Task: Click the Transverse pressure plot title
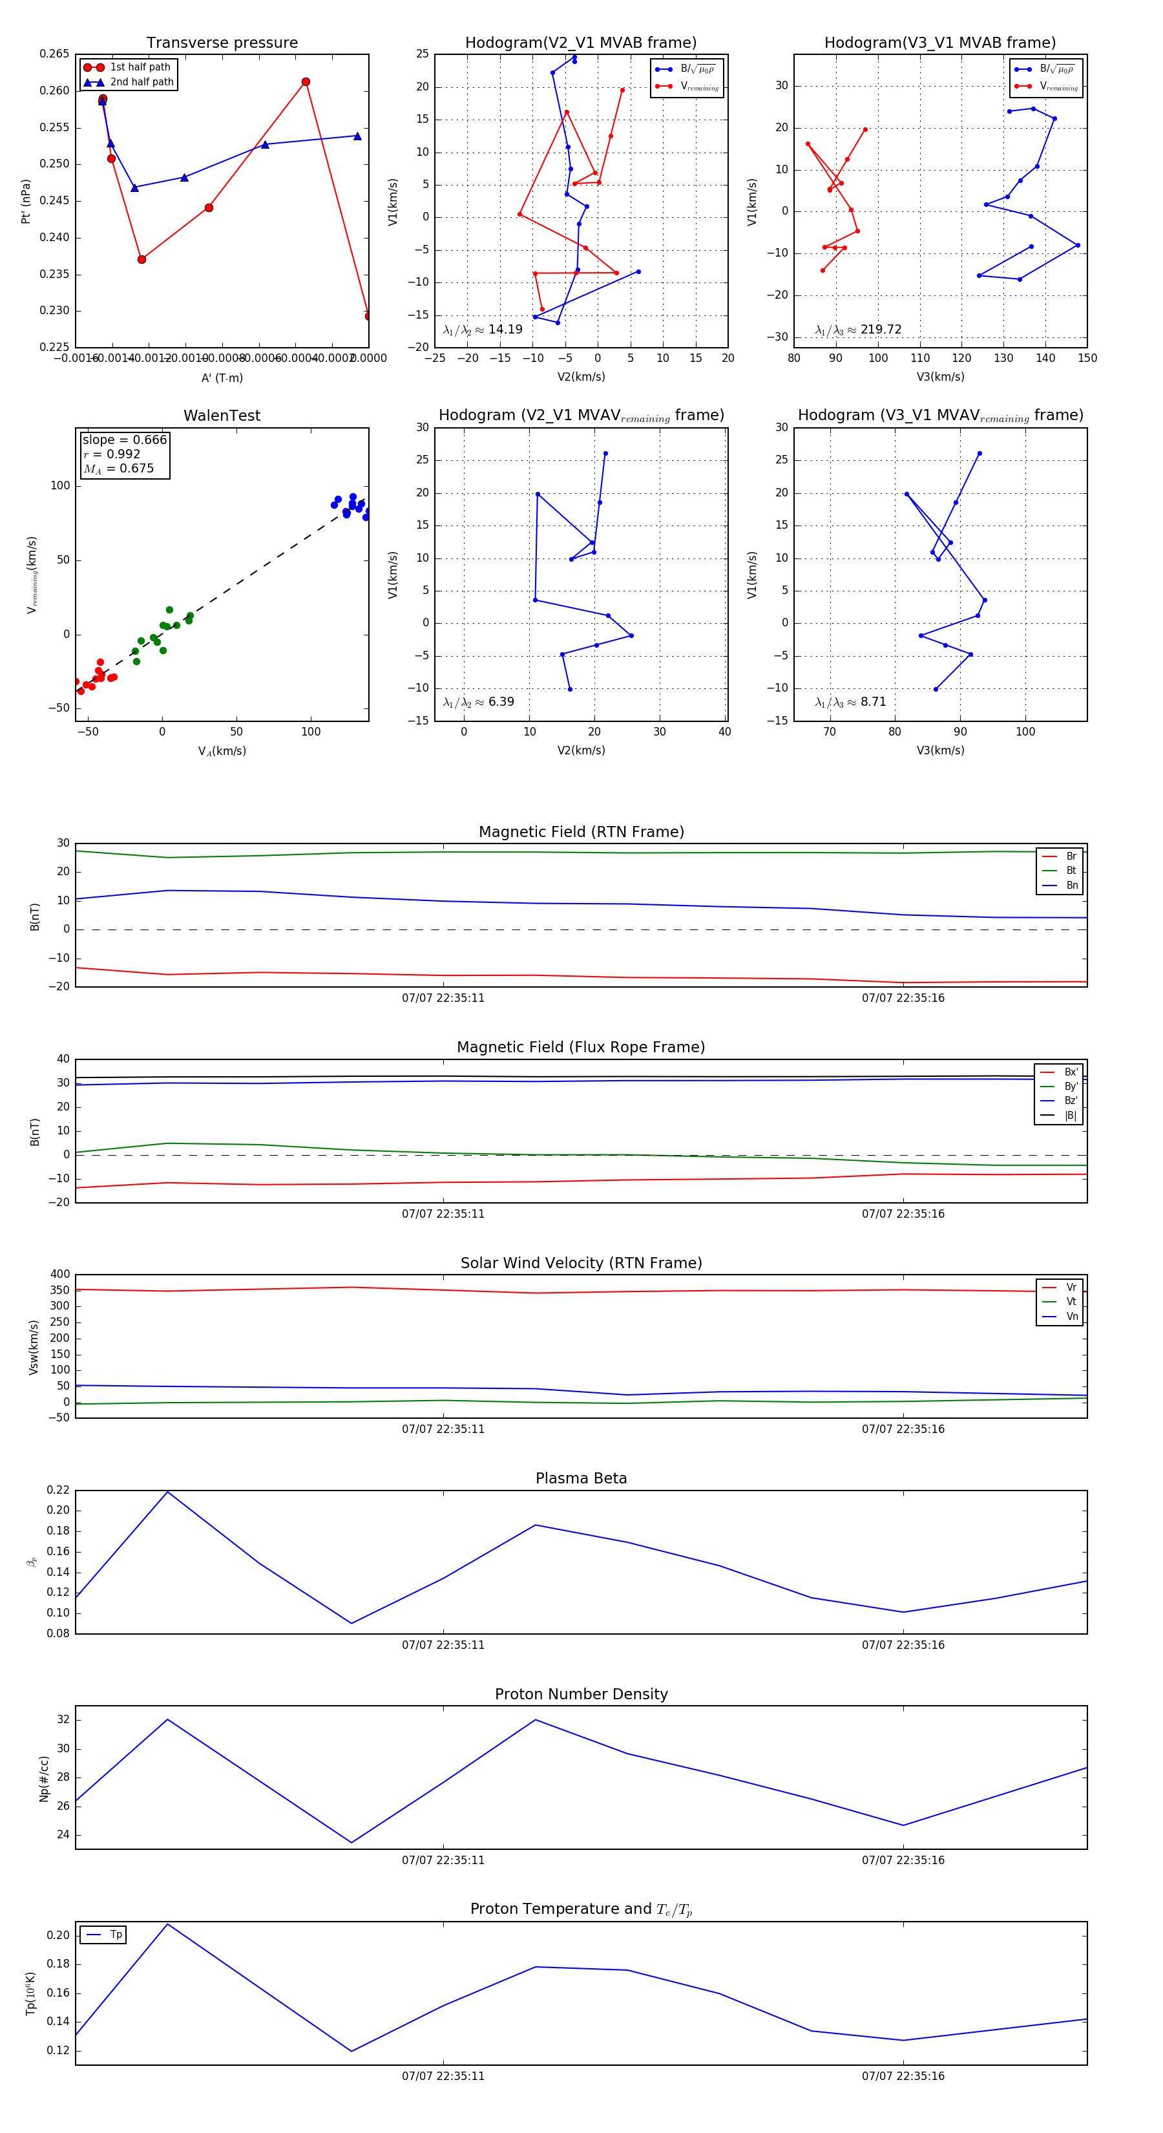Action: pyautogui.click(x=222, y=43)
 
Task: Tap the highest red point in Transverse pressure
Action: pyautogui.click(x=306, y=82)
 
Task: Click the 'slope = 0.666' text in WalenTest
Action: pyautogui.click(x=124, y=440)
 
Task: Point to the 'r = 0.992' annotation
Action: pyautogui.click(x=112, y=454)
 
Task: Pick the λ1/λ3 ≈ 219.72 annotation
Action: pyautogui.click(x=859, y=330)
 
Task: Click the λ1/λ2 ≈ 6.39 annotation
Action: pyautogui.click(x=478, y=702)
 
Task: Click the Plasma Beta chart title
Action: pyautogui.click(x=581, y=1478)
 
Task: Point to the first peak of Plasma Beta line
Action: pyautogui.click(x=168, y=1492)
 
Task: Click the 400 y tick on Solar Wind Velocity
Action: pyautogui.click(x=59, y=1275)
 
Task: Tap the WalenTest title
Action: pyautogui.click(x=222, y=416)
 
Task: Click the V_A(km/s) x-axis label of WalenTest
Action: pyautogui.click(x=222, y=751)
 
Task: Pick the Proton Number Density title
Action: pyautogui.click(x=581, y=1694)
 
